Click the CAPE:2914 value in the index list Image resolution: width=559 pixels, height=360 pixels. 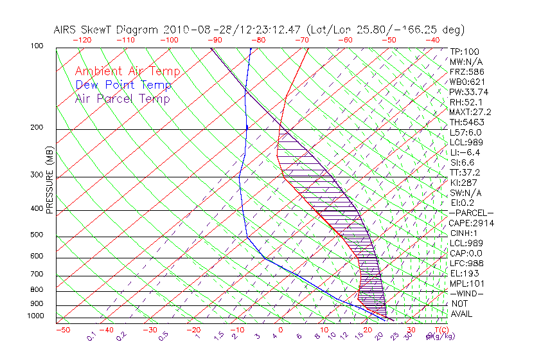[x=469, y=223]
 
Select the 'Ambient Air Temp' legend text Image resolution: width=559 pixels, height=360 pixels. [x=127, y=71]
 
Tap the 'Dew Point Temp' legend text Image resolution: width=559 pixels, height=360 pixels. [x=123, y=85]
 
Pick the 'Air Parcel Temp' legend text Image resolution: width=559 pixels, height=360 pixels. [x=122, y=98]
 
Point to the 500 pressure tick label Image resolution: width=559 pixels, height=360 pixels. [x=37, y=235]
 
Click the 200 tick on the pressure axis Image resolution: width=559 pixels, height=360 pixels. [x=37, y=128]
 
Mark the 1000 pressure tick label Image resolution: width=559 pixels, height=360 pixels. [x=35, y=316]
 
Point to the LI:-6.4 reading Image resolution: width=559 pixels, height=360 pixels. [x=465, y=152]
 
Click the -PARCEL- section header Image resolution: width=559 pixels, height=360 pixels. [x=471, y=213]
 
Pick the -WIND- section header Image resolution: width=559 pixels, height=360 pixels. [x=467, y=293]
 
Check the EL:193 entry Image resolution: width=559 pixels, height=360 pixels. [x=463, y=273]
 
